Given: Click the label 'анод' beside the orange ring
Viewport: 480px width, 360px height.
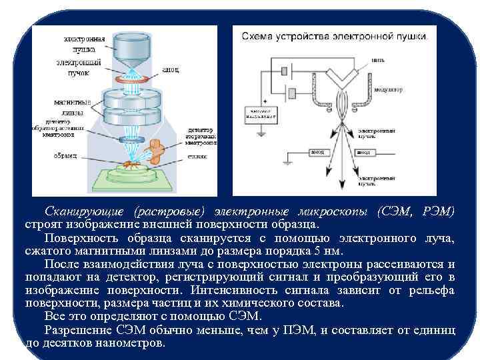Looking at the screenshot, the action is coord(171,69).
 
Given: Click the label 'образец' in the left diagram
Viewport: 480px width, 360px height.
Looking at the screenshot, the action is coord(66,155).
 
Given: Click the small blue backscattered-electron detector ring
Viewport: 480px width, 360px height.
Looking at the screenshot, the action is coord(127,141).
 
